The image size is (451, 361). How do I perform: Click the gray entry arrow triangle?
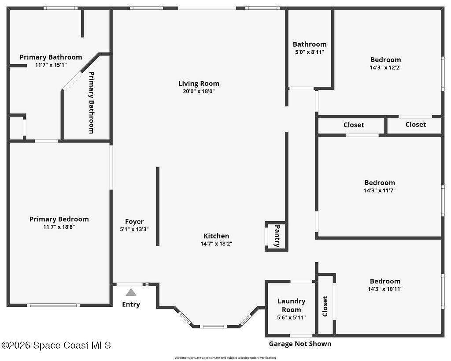pyautogui.click(x=131, y=293)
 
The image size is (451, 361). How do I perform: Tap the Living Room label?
pyautogui.click(x=199, y=83)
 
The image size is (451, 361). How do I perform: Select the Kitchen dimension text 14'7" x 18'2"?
pyautogui.click(x=216, y=244)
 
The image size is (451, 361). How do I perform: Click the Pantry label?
pyautogui.click(x=277, y=236)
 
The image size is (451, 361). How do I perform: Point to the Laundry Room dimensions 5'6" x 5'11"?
pyautogui.click(x=292, y=317)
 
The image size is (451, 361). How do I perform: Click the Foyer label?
pyautogui.click(x=134, y=222)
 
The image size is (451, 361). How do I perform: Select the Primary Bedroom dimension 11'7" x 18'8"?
pyautogui.click(x=59, y=227)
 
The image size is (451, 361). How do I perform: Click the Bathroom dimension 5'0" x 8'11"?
pyautogui.click(x=310, y=52)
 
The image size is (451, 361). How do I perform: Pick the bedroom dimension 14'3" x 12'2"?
pyautogui.click(x=386, y=67)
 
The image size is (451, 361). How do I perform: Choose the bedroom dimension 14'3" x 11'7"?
pyautogui.click(x=380, y=190)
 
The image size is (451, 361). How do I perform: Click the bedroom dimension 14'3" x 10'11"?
pyautogui.click(x=385, y=289)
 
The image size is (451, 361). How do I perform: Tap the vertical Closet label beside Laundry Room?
pyautogui.click(x=325, y=306)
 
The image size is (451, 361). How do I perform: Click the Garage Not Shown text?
pyautogui.click(x=300, y=344)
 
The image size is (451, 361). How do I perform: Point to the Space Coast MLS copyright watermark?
pyautogui.click(x=56, y=345)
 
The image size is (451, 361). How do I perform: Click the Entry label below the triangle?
pyautogui.click(x=131, y=305)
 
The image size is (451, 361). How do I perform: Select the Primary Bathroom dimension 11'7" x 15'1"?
pyautogui.click(x=51, y=65)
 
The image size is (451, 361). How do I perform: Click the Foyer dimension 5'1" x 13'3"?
pyautogui.click(x=134, y=230)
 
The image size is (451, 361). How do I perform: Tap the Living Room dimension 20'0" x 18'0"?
pyautogui.click(x=199, y=92)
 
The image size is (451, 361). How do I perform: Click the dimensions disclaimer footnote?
pyautogui.click(x=225, y=358)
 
